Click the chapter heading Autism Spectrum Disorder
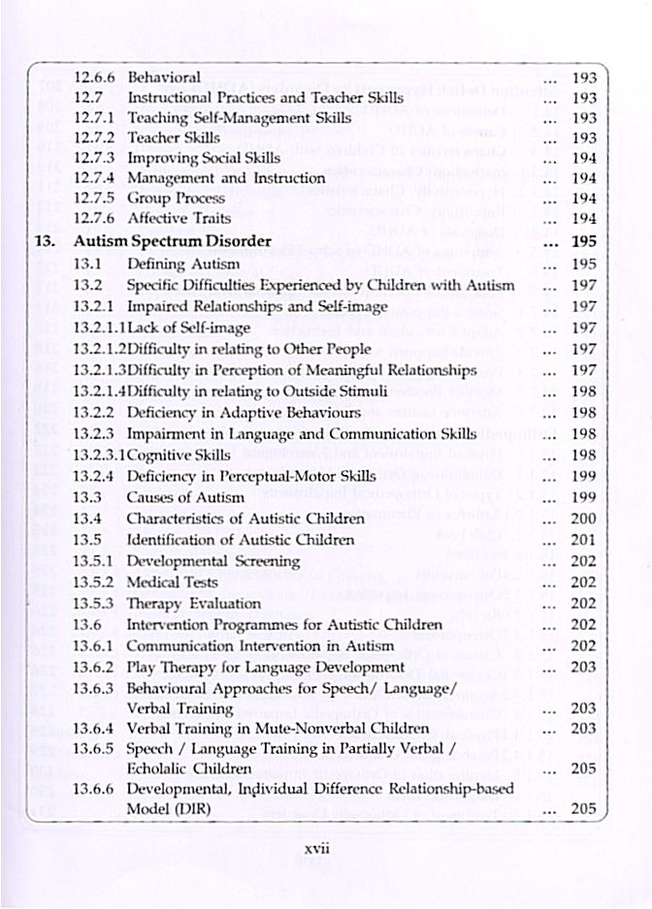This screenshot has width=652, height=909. [174, 242]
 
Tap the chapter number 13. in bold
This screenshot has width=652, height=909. [48, 242]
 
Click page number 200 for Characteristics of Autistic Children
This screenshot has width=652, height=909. [584, 518]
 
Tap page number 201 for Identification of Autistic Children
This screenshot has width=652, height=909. [584, 540]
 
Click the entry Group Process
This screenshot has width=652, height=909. [177, 199]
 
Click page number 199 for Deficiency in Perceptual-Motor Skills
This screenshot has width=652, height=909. [584, 476]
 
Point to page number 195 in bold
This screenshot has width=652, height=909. [584, 242]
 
